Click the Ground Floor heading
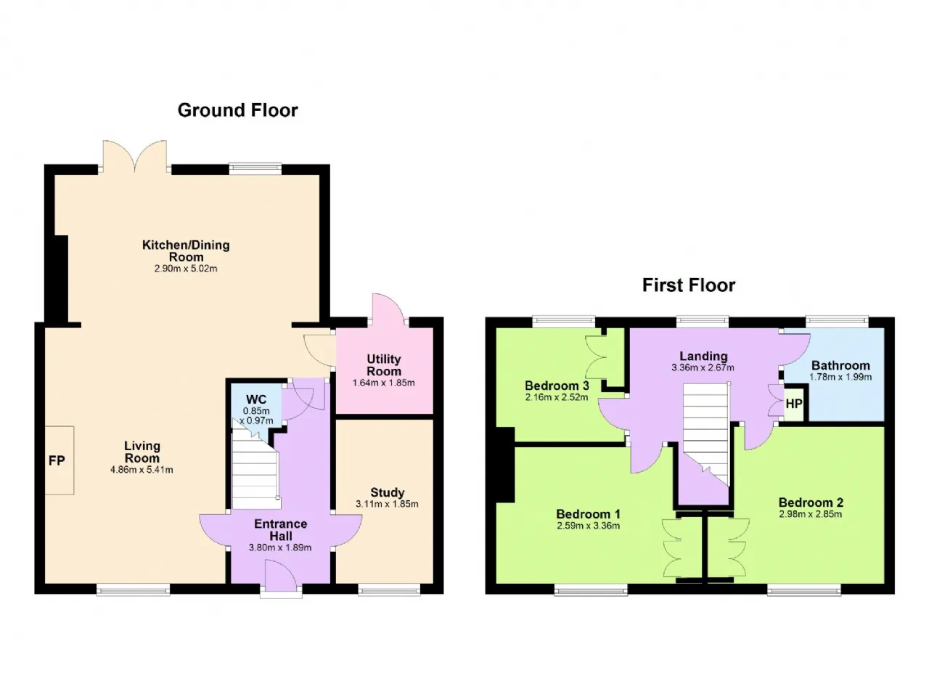(x=237, y=110)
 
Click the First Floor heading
(x=689, y=285)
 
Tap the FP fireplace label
(x=57, y=460)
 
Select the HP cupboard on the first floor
(x=794, y=404)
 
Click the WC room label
(x=256, y=399)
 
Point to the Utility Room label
(x=384, y=365)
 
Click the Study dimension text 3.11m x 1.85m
(x=387, y=504)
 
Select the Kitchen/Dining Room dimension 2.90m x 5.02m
(x=186, y=269)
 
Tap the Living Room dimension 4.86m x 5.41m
(x=142, y=470)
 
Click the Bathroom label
(x=840, y=365)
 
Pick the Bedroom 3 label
(x=557, y=386)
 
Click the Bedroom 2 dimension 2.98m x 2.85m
(x=811, y=514)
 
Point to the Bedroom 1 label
(x=588, y=514)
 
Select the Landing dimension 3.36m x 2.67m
(x=703, y=367)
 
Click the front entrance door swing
(x=281, y=576)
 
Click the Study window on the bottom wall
(x=389, y=590)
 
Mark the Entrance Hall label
(x=280, y=530)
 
